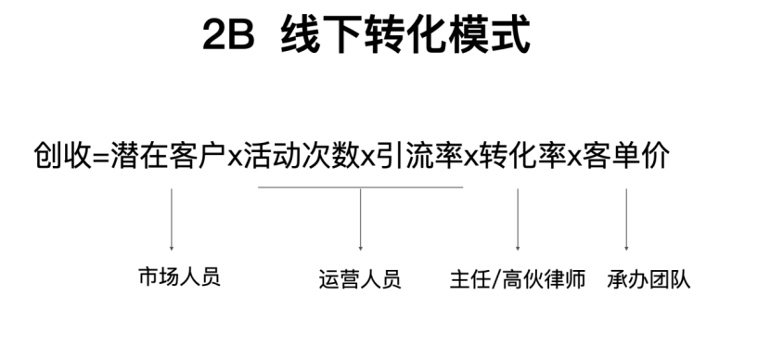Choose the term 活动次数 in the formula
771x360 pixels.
pos(300,155)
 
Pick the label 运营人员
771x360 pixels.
pos(359,279)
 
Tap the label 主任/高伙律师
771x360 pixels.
pos(517,279)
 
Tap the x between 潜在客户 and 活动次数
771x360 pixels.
pos(234,157)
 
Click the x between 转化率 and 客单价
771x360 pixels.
pos(573,157)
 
